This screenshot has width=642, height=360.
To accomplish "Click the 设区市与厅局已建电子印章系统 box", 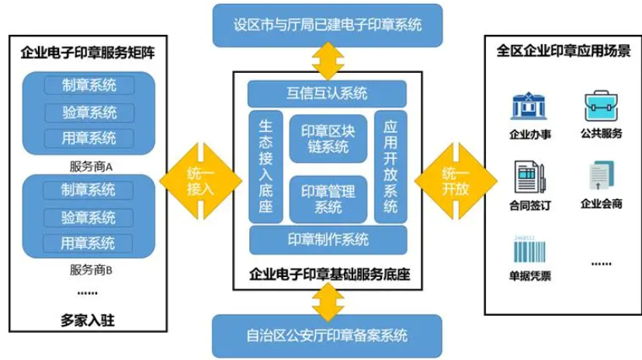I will click(327, 24).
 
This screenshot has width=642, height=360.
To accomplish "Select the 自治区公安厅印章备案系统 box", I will click(327, 336).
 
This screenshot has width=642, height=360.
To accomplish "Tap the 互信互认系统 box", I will click(327, 95).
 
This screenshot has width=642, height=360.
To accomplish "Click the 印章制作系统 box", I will click(327, 239).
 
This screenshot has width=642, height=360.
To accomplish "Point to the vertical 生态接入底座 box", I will click(265, 166).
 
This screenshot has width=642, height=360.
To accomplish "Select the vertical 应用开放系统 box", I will click(390, 166).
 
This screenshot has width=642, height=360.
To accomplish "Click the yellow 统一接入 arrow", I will click(199, 180).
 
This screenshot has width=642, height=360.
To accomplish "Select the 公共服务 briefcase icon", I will click(601, 106).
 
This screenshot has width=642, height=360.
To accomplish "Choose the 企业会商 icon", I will click(601, 176).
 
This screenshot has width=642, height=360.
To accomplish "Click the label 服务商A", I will click(92, 165).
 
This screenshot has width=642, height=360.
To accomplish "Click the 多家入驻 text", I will click(92, 318).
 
